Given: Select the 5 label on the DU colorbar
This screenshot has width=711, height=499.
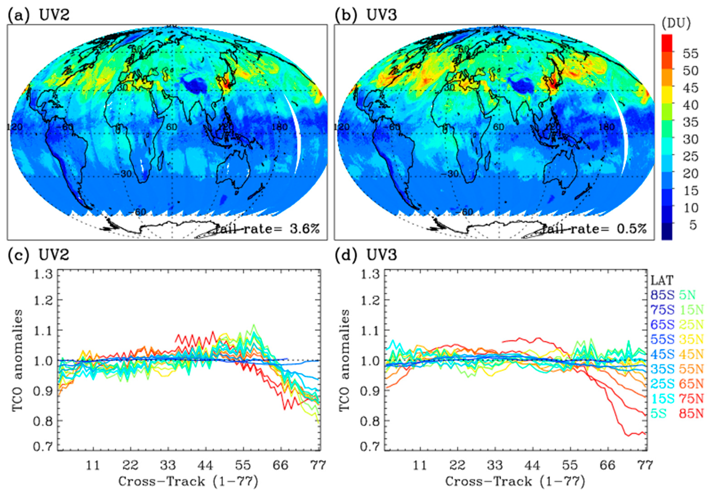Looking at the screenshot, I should [695, 225].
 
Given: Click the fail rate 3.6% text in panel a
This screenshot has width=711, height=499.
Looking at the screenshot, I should [268, 229].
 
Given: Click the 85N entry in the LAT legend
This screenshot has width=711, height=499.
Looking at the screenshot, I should [691, 413].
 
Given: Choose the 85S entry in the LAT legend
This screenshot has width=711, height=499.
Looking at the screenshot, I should [662, 295].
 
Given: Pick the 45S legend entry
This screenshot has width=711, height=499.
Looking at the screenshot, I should [662, 354].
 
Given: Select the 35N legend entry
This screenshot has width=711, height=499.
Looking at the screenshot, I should [691, 339].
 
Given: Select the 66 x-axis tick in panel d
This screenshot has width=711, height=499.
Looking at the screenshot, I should [607, 465].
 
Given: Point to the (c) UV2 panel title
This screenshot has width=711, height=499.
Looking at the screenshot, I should [38, 255].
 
